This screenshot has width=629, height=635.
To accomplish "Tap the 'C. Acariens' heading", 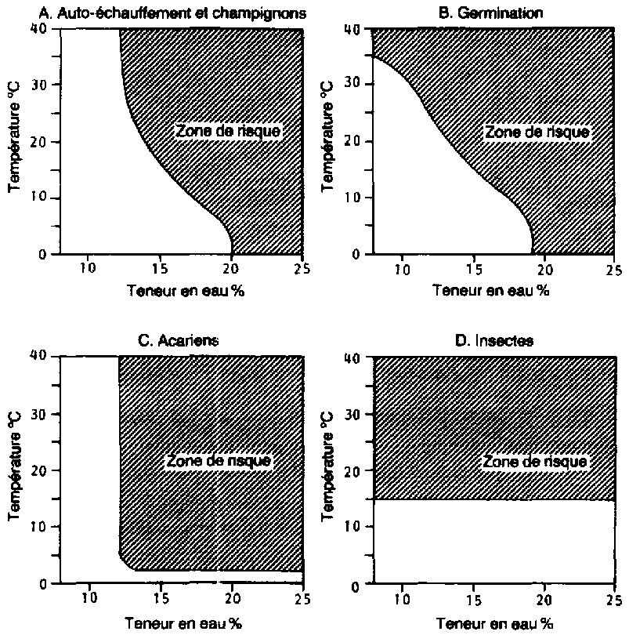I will pos(166,342).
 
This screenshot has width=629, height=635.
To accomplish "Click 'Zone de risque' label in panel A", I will pos(228,131).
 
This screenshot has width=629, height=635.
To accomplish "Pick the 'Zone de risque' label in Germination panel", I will pos(537,132).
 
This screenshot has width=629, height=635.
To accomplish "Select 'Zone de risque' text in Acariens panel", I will pos(219,461).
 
